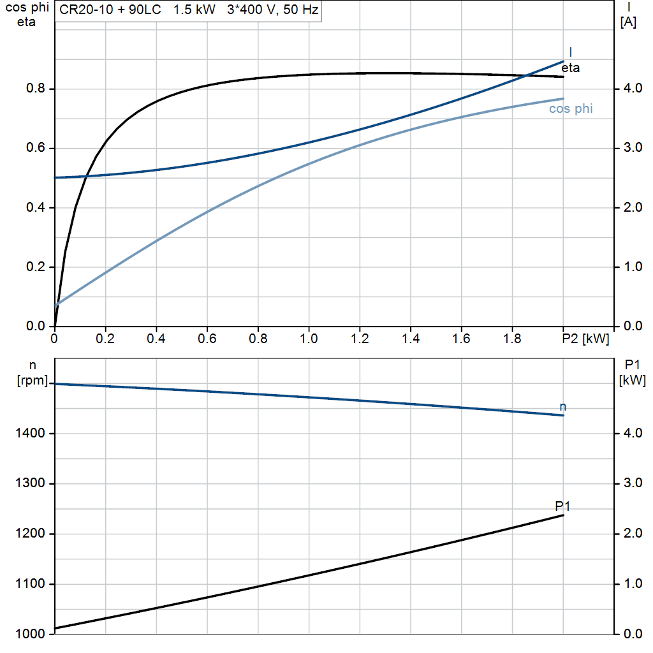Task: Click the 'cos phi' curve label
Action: click(x=571, y=109)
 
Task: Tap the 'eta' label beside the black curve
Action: click(x=571, y=68)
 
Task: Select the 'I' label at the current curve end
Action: click(x=570, y=52)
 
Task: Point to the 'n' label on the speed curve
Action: click(x=562, y=406)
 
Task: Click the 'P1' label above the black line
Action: click(x=562, y=506)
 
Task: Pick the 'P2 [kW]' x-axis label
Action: click(x=586, y=339)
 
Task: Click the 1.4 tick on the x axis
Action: click(x=411, y=339)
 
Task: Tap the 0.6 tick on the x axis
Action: click(x=207, y=339)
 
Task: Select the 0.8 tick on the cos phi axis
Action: click(x=37, y=89)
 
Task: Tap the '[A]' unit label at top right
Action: click(x=628, y=22)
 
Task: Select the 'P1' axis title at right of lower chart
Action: click(x=632, y=365)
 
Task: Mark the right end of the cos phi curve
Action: click(x=563, y=99)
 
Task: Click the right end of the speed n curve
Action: click(x=563, y=415)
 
